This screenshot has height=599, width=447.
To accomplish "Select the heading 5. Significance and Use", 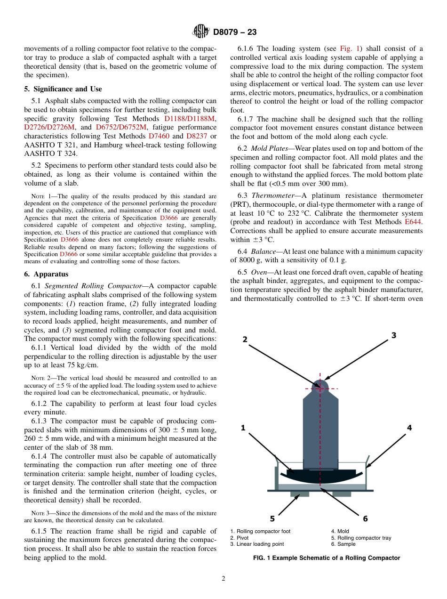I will (63, 89).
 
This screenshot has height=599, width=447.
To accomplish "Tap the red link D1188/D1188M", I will (191, 118).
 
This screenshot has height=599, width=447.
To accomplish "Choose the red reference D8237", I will (197, 136).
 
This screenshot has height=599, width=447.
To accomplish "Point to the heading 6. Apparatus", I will (46, 274).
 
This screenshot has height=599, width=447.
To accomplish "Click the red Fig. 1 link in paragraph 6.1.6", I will (350, 49).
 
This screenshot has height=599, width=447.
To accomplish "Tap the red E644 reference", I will (414, 222).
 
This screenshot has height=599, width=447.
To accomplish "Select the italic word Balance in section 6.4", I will (263, 251).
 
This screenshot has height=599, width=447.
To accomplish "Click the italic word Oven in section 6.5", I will (261, 272).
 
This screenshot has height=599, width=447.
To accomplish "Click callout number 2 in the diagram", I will (245, 339).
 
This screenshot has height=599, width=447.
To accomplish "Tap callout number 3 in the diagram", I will (394, 335).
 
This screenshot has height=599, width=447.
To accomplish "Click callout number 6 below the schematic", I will (365, 518).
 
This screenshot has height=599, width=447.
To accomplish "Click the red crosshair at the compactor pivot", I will (320, 389).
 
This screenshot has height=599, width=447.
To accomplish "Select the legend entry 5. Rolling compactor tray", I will (361, 538).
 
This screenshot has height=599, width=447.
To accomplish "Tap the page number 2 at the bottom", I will (223, 579).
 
